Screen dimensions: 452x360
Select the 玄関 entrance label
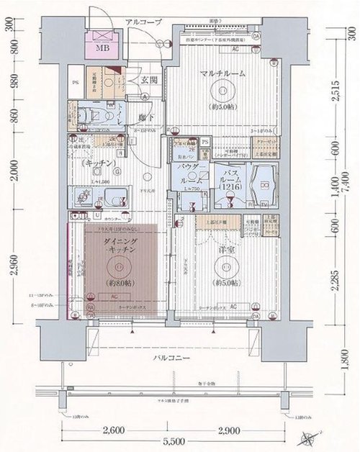149,80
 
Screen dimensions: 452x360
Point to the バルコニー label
177,358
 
